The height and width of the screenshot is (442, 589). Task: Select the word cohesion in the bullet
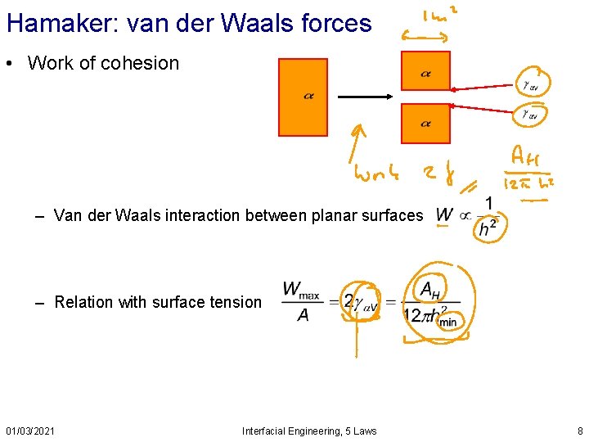(x=142, y=64)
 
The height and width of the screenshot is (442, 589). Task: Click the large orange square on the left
(x=303, y=97)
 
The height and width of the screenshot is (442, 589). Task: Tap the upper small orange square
(x=425, y=71)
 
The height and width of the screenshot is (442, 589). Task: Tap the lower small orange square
(x=425, y=123)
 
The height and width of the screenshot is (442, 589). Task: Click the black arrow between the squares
(x=366, y=97)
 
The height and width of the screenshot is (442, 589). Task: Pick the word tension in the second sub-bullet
(x=236, y=302)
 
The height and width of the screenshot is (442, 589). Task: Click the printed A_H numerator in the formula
(x=430, y=288)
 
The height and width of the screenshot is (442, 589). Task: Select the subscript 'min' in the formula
(x=447, y=322)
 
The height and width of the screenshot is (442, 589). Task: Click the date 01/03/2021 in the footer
(x=30, y=431)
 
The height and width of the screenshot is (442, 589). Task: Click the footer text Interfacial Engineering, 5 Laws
(x=309, y=431)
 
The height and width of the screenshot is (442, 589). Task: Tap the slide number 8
(x=580, y=431)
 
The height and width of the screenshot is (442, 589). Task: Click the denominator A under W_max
(x=303, y=315)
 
